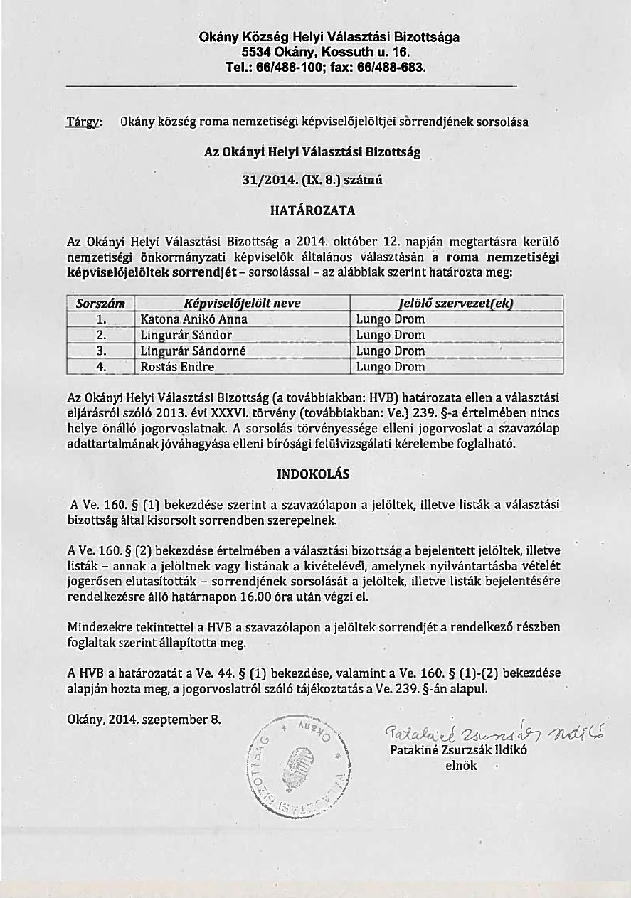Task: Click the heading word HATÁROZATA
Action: coord(312,211)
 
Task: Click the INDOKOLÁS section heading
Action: coord(313,474)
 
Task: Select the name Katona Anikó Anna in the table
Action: coord(193,320)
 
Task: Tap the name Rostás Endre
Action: coord(177,368)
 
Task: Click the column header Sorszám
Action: coord(100,304)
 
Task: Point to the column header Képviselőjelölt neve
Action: coord(242,304)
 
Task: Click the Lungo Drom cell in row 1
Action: coord(390,320)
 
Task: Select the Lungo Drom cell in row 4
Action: coord(390,368)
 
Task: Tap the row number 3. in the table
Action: coord(101,351)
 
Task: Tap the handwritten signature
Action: coord(491,734)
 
